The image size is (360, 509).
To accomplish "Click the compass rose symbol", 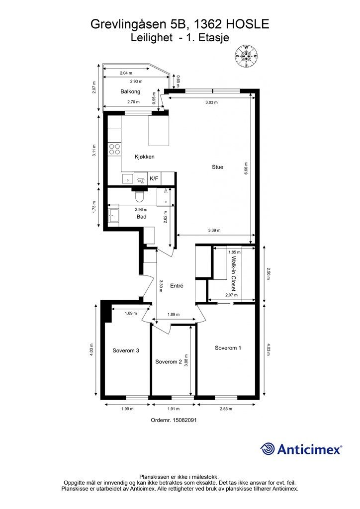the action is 246,56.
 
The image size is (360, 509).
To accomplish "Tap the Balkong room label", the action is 130,91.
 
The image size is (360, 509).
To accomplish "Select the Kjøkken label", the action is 145,157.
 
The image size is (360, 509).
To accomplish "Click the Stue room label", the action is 217,167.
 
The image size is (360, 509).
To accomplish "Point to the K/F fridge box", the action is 154,178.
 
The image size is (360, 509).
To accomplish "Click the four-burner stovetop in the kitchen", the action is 114,149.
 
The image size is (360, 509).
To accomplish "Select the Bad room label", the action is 141,217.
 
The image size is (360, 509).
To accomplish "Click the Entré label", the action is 177,286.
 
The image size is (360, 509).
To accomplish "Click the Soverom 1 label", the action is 228,348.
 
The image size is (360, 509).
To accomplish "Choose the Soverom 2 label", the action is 169,362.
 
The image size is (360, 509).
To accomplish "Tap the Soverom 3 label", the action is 126,350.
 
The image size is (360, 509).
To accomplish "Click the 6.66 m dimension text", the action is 246,169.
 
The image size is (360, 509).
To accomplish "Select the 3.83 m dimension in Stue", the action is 211,102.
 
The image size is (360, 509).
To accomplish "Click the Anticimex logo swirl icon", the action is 268,449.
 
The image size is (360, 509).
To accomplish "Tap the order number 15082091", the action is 183,420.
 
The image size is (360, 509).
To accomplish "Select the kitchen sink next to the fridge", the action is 128,178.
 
